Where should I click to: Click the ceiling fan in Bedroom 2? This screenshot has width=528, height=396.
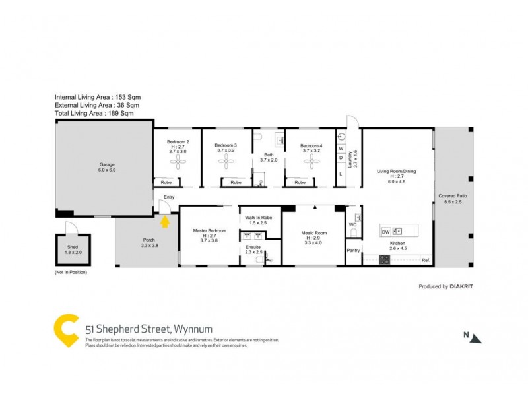pos(178,162)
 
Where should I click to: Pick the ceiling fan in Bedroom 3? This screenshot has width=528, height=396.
pos(226,162)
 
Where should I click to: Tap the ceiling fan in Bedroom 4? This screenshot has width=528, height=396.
pos(311,162)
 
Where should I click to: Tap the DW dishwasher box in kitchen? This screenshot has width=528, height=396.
pos(385,232)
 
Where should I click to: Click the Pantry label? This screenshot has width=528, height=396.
pos(353,250)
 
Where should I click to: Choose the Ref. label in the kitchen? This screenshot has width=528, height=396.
pos(426,260)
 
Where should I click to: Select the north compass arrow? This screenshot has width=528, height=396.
pos(476,338)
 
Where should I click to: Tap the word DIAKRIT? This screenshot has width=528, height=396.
pos(463,286)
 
